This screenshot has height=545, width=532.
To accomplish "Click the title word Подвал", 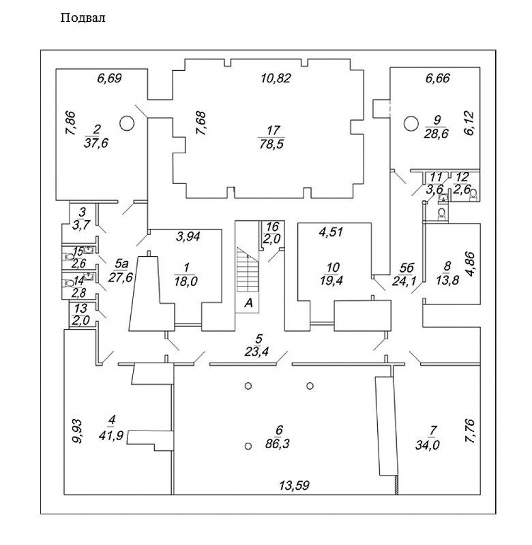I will [x=84, y=19].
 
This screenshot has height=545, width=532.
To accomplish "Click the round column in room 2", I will [x=127, y=123].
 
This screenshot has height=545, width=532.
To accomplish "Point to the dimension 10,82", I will [x=276, y=78].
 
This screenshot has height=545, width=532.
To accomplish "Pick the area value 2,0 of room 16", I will [x=272, y=239].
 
